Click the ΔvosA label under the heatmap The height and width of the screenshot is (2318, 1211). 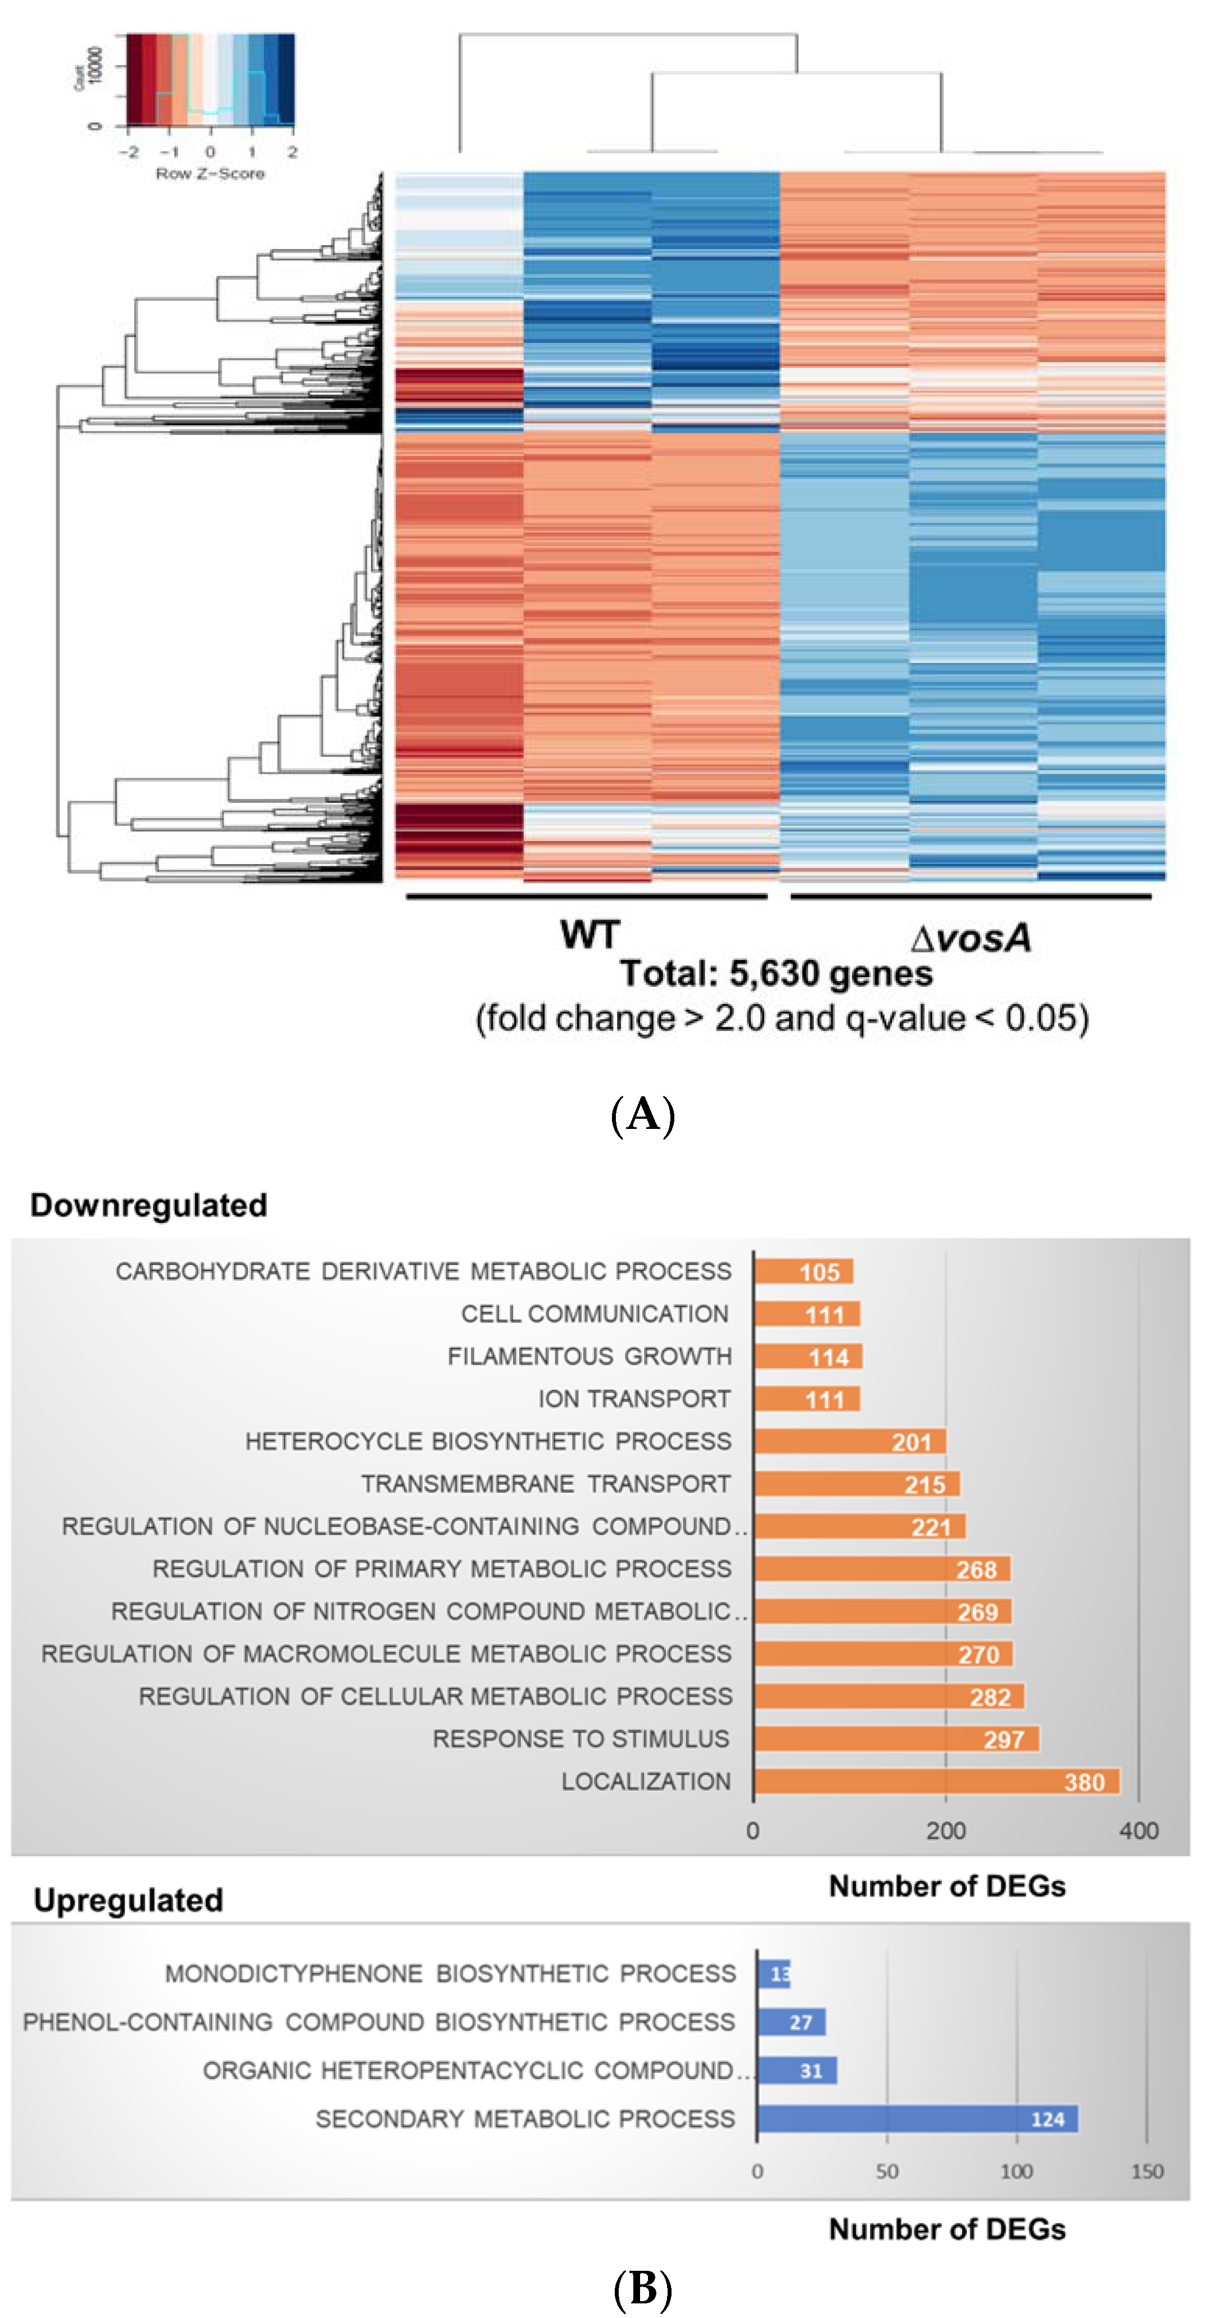point(970,938)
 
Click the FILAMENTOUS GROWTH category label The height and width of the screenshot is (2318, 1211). point(589,1356)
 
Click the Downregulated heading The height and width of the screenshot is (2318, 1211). point(148,1205)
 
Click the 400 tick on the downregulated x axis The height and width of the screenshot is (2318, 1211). point(1138,1831)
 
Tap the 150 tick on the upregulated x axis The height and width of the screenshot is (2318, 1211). point(1147,2171)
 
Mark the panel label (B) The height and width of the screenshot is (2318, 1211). point(642,2287)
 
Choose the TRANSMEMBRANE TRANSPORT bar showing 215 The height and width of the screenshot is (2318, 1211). point(856,1484)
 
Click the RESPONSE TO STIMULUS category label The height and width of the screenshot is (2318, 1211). point(580,1738)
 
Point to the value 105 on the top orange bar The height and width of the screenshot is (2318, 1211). point(820,1272)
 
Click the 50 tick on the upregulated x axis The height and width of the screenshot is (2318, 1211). point(887,2171)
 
